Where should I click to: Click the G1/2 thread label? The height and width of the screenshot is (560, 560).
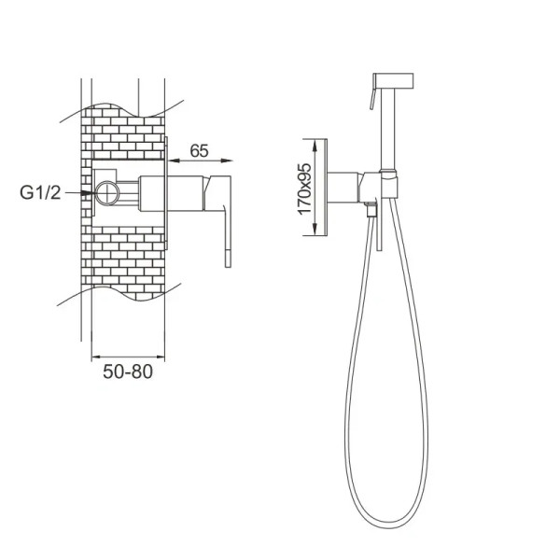click(x=41, y=193)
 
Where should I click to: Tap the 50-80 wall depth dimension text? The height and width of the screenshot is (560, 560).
click(x=127, y=371)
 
